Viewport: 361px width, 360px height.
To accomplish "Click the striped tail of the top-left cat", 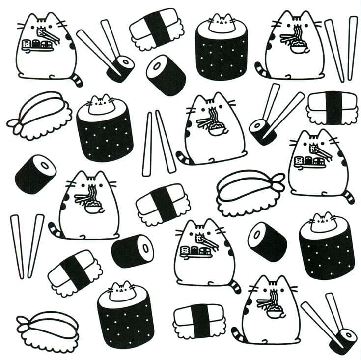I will click(77, 80).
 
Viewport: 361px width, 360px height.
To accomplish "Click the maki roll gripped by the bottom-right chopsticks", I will click(342, 340).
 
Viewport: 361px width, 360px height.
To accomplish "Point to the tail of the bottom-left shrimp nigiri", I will click(23, 322).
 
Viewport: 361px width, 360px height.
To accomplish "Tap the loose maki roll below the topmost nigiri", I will click(166, 75).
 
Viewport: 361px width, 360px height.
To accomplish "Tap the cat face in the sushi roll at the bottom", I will click(122, 292).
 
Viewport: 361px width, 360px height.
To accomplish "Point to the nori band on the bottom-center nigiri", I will click(199, 321).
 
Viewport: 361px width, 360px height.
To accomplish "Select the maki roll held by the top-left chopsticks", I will click(121, 68).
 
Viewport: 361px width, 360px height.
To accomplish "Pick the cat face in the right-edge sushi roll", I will click(324, 223).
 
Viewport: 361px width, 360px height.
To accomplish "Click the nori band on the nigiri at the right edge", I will click(333, 107).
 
